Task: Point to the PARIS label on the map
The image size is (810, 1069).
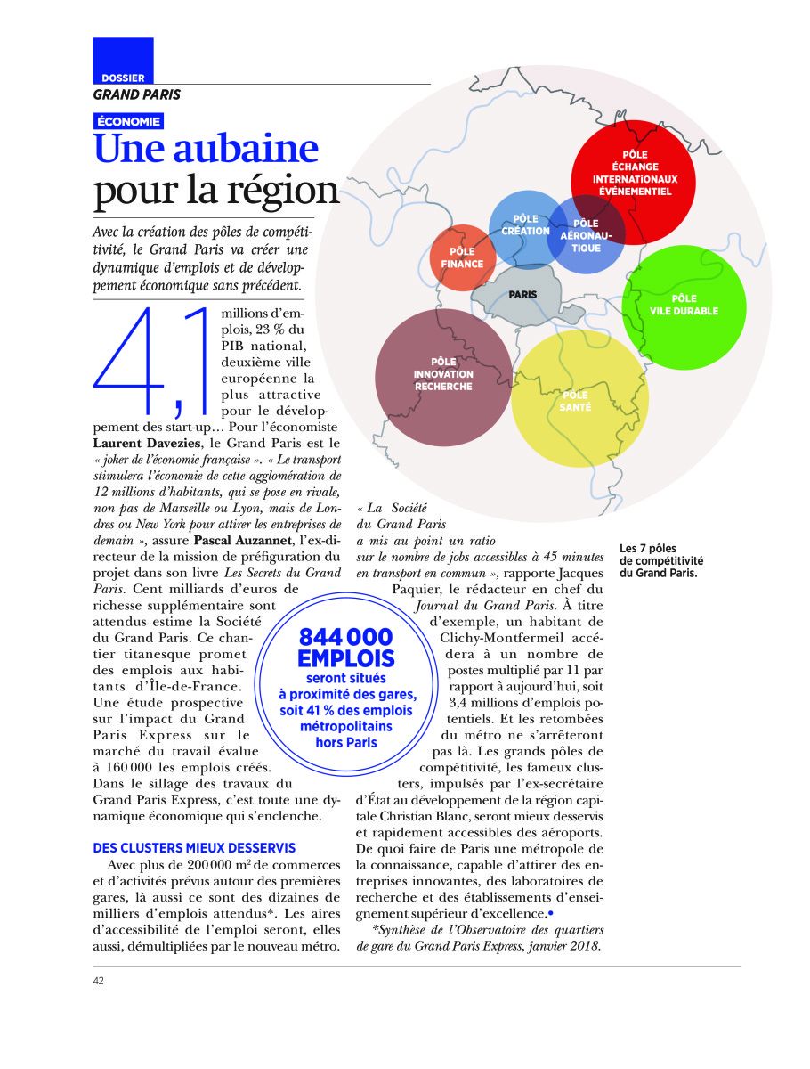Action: pyautogui.click(x=522, y=294)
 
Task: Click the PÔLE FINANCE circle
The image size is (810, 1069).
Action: pyautogui.click(x=462, y=258)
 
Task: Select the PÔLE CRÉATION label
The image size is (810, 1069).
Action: pyautogui.click(x=525, y=224)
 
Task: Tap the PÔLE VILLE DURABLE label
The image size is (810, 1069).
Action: pyautogui.click(x=684, y=305)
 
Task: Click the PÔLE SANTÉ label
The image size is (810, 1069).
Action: pyautogui.click(x=576, y=401)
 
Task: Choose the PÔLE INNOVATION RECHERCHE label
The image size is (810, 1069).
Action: pyautogui.click(x=443, y=374)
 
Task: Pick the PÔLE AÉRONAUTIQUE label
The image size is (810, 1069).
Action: pyautogui.click(x=586, y=235)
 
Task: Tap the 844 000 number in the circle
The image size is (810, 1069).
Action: pyautogui.click(x=345, y=637)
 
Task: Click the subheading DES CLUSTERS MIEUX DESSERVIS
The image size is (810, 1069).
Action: pyautogui.click(x=194, y=848)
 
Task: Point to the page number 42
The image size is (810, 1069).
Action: pyautogui.click(x=99, y=981)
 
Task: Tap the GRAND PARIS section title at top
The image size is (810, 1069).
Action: pyautogui.click(x=136, y=94)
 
